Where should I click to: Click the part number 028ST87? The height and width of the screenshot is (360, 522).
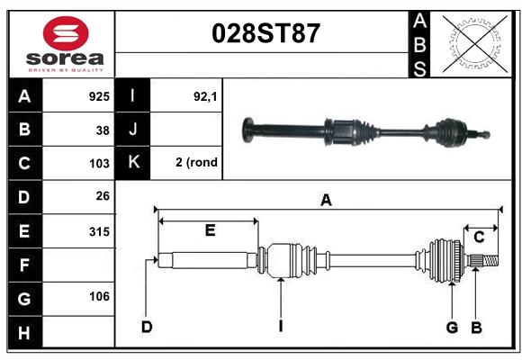click(x=265, y=33)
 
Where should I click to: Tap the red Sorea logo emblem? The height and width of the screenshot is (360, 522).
click(x=66, y=35)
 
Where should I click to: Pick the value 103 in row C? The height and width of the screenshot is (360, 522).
click(x=99, y=164)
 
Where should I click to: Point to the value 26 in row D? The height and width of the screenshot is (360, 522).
click(x=103, y=196)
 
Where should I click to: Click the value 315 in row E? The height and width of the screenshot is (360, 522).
click(x=99, y=231)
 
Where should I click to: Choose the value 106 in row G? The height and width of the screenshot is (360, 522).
click(x=99, y=296)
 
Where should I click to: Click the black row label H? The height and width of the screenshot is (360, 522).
click(x=24, y=333)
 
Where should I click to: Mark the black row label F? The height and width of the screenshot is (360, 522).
click(x=24, y=265)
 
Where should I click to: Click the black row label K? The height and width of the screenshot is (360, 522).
click(x=133, y=163)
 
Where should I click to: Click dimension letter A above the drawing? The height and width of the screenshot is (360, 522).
click(x=326, y=201)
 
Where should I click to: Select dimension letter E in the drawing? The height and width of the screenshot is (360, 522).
click(x=210, y=230)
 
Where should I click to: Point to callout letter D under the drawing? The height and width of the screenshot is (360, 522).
click(x=146, y=327)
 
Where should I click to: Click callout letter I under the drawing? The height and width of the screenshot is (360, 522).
click(x=280, y=327)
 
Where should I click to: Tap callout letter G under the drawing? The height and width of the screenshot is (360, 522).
click(x=452, y=327)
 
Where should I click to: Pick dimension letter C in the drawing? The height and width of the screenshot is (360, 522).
click(x=480, y=237)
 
